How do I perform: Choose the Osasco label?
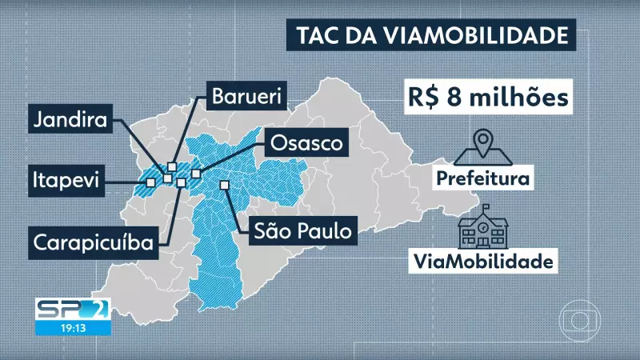306,145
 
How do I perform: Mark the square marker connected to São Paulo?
225,185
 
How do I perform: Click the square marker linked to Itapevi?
150,182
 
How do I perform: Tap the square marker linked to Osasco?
195,173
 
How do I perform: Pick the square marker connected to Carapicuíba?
182,183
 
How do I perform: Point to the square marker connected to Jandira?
166,178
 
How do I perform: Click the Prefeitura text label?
482,176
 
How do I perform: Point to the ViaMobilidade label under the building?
482,261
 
